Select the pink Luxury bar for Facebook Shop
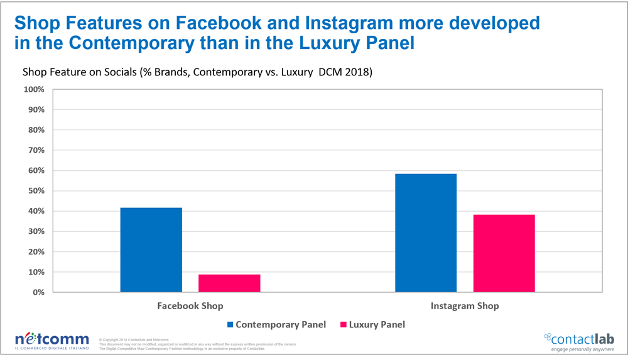[x=229, y=283]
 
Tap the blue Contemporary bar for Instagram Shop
[x=426, y=233]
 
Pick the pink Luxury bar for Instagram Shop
[x=504, y=253]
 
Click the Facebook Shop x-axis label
[x=190, y=306]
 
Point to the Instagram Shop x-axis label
[x=465, y=306]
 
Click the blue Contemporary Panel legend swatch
[x=229, y=325]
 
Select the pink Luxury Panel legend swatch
[x=343, y=325]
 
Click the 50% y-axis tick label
[x=36, y=191]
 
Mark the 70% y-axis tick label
[x=36, y=150]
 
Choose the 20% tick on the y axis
[x=36, y=252]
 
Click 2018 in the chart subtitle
[x=360, y=72]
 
